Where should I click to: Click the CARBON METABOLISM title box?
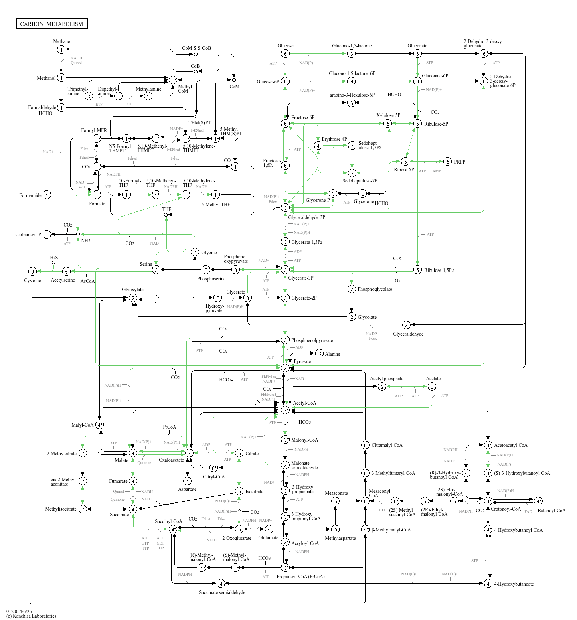[x=52, y=24]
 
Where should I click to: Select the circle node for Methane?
[x=61, y=49]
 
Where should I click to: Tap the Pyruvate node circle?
[x=285, y=368]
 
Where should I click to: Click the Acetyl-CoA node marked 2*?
[x=285, y=410]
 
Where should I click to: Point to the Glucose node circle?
[x=285, y=54]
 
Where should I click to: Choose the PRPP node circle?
[x=448, y=162]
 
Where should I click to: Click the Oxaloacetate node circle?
[x=189, y=453]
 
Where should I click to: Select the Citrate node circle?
[x=239, y=453]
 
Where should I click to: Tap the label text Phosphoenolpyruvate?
[x=312, y=340]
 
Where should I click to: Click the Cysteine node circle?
[x=33, y=272]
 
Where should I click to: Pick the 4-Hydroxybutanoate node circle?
[x=488, y=583]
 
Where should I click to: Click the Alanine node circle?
[x=319, y=353]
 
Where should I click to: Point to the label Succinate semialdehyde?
[x=222, y=592]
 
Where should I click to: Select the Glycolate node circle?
[x=352, y=317]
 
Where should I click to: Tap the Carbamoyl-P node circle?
[x=47, y=235]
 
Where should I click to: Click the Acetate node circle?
[x=432, y=386]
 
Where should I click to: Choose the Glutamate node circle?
[x=269, y=529]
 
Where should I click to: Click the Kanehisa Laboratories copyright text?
[x=31, y=616]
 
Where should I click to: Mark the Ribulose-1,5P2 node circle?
[x=417, y=270]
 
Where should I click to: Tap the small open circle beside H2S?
[x=53, y=263]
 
